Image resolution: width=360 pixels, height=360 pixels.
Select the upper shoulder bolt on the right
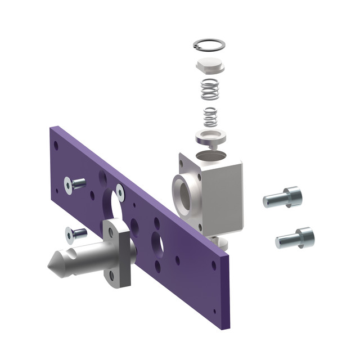pos(283,198)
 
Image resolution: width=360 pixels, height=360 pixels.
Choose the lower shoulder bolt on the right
pos(295,238)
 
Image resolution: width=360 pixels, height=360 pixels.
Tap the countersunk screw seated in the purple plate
pos(120,191)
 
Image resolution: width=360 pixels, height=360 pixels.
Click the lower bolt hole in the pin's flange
pos(111,276)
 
